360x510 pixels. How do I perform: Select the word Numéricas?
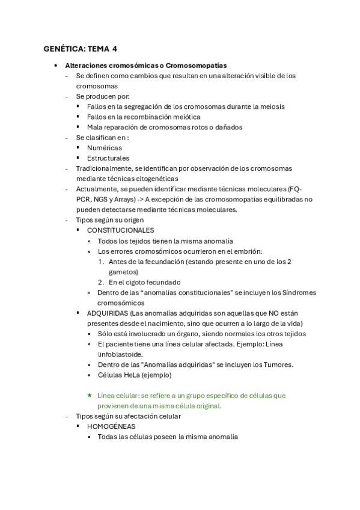coord(104,147)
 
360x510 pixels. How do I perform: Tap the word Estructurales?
coord(108,158)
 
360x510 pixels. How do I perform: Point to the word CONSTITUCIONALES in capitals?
coord(120,230)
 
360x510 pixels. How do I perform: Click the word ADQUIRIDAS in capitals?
coord(107,313)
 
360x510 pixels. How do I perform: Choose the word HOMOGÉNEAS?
coord(111,426)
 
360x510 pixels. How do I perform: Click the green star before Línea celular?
coord(90,396)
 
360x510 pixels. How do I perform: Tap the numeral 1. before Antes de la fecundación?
coord(102,262)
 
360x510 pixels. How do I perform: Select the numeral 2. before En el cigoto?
coord(102,282)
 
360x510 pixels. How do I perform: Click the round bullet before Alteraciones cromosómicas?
coord(55,65)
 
